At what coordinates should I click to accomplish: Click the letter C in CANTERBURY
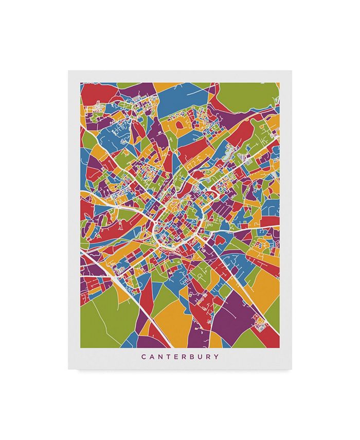(143, 357)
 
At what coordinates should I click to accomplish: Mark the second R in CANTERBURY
(211, 357)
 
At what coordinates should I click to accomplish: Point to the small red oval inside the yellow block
(180, 124)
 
